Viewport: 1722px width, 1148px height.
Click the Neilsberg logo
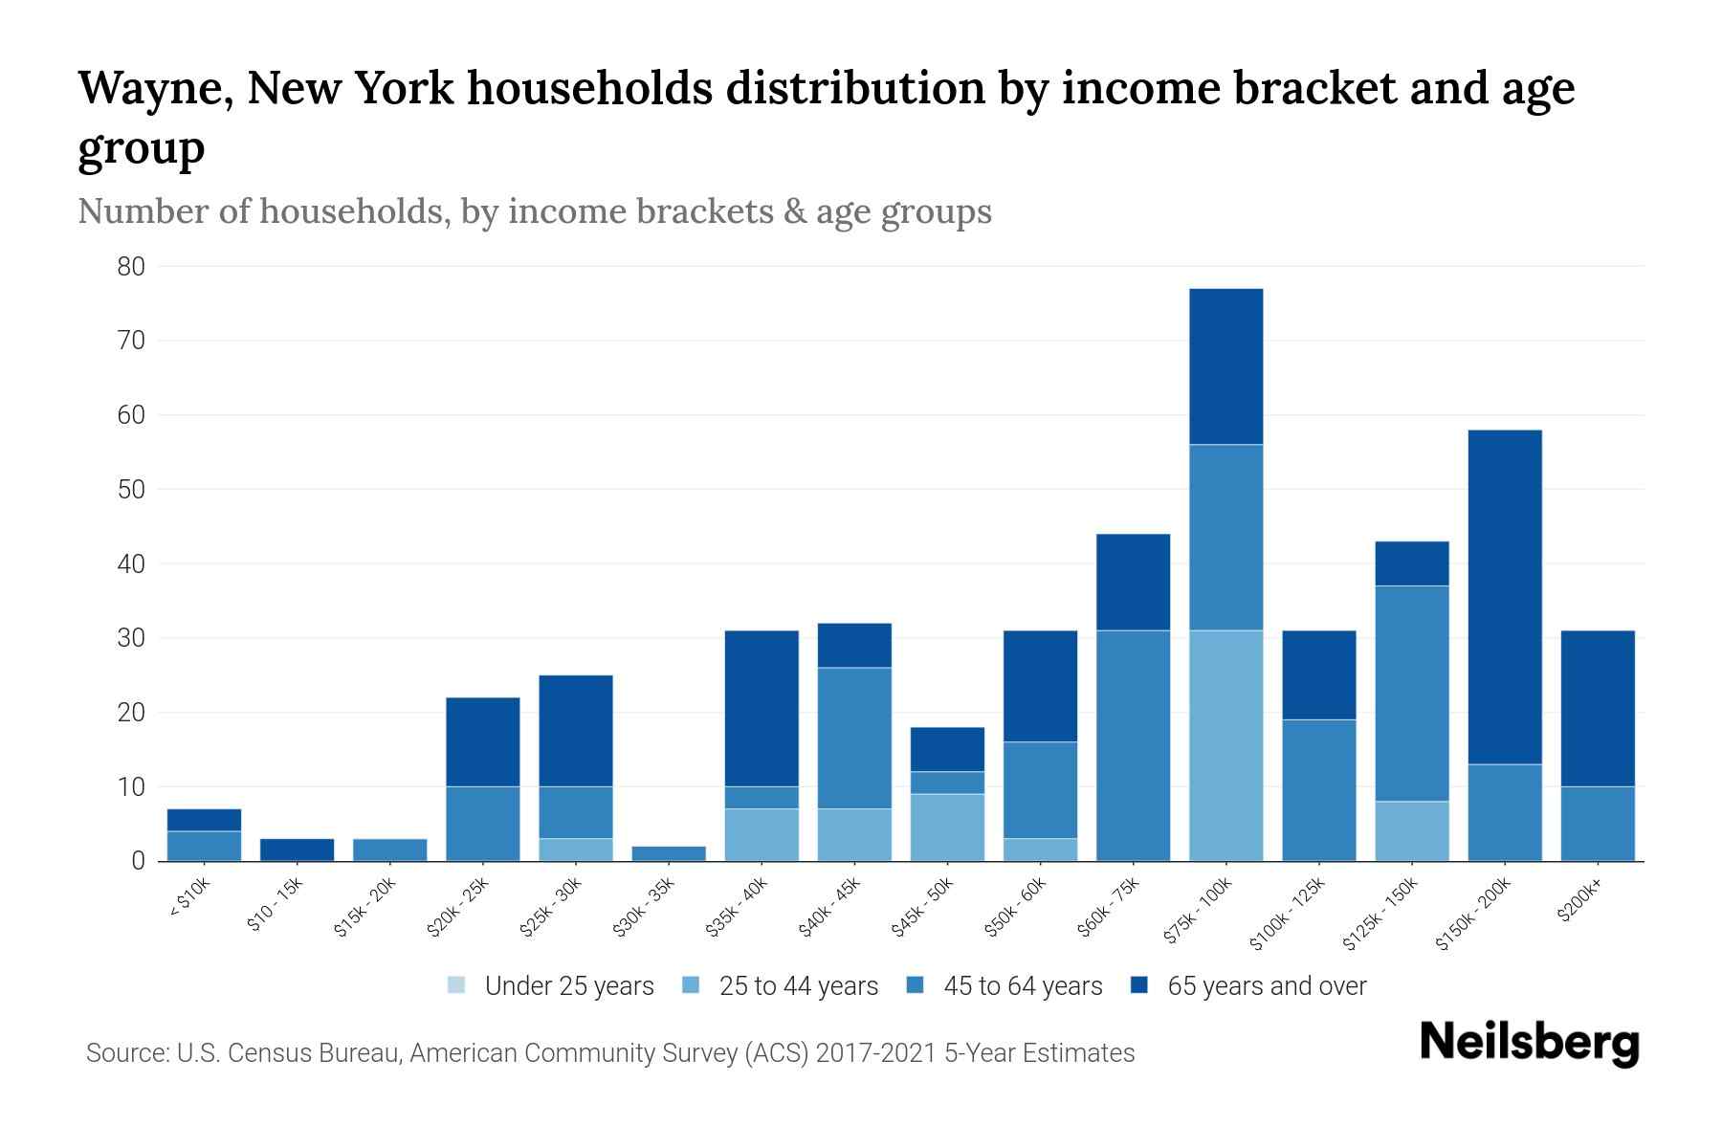point(1529,1042)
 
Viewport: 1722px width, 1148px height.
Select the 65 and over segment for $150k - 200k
point(1505,597)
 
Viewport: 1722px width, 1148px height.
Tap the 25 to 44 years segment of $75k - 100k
point(1225,745)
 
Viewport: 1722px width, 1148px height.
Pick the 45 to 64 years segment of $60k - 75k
point(1133,745)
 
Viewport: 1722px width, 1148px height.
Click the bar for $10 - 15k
point(297,850)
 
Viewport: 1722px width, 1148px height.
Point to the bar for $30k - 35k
point(669,853)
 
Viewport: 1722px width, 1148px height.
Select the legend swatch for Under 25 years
point(457,985)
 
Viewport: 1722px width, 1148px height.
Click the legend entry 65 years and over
point(1266,985)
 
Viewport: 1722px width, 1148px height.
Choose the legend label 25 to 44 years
point(798,985)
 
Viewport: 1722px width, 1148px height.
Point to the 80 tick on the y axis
point(131,267)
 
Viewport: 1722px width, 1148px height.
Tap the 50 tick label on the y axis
point(131,490)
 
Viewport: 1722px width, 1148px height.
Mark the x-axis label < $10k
point(189,900)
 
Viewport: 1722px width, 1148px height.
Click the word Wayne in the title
point(152,89)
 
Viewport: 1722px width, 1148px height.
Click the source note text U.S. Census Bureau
point(290,1053)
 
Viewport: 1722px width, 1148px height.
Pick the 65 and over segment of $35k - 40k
point(762,708)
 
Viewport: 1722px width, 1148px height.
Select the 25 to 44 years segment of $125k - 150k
point(1411,830)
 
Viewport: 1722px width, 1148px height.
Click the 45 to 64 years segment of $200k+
point(1597,823)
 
